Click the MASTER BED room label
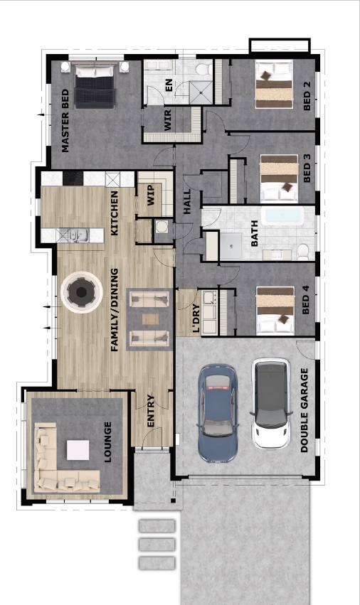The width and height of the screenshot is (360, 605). tap(65, 121)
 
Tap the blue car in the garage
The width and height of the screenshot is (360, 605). tap(218, 413)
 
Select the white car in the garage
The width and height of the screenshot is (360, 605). tap(271, 403)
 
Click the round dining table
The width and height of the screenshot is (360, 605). tap(82, 292)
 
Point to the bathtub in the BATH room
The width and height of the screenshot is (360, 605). tap(282, 215)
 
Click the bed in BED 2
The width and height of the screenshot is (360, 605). tap(273, 85)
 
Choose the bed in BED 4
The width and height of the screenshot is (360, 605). tap(275, 310)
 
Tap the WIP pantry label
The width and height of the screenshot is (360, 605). tap(151, 195)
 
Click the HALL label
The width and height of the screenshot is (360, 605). tap(187, 201)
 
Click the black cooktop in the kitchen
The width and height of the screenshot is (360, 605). tap(73, 178)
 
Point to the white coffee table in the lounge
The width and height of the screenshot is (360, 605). tap(78, 450)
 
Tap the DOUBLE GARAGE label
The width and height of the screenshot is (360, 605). tap(305, 409)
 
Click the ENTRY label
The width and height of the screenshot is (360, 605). tap(151, 410)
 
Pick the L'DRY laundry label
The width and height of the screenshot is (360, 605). tap(196, 318)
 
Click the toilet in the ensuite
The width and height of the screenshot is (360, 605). tap(202, 69)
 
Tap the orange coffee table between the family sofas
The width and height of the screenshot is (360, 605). tap(150, 319)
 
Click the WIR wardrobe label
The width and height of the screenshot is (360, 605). tap(168, 119)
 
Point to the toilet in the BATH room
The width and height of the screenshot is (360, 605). tap(303, 252)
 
